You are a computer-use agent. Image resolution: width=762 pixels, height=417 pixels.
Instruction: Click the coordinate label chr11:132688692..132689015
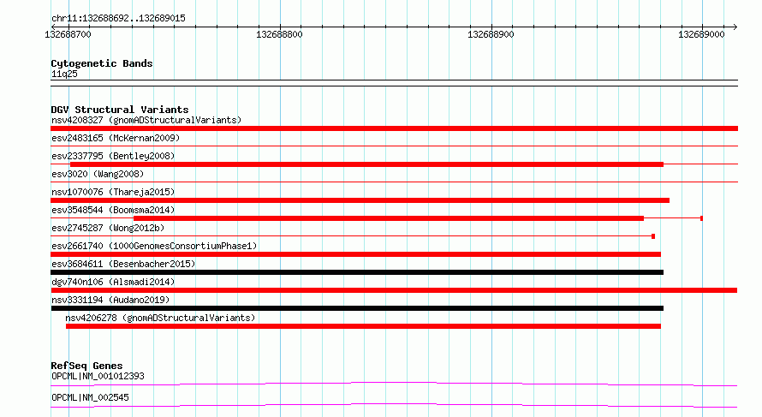tap(118, 19)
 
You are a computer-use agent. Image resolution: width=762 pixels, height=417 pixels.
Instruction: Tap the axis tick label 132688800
tap(279, 34)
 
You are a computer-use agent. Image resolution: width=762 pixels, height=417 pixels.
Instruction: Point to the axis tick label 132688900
tap(491, 34)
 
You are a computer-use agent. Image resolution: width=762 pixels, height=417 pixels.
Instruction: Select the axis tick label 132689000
tap(701, 34)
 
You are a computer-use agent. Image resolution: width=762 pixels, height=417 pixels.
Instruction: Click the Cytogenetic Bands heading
tap(102, 63)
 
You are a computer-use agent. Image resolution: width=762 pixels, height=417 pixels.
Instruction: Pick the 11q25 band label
tap(64, 74)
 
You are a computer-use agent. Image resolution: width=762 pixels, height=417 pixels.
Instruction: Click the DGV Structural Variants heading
tap(120, 110)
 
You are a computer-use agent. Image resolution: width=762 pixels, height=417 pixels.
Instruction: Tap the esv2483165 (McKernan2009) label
tap(116, 138)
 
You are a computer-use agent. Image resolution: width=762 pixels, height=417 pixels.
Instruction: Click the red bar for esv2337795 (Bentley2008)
tap(367, 164)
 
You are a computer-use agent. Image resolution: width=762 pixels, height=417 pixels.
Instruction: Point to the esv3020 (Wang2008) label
tap(98, 174)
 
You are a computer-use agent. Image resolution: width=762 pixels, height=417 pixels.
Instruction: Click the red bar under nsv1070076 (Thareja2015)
tap(360, 200)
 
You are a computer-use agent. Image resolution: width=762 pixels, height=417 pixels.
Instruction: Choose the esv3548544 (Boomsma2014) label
tap(113, 210)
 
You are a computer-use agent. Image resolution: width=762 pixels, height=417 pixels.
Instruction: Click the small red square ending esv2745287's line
tap(653, 236)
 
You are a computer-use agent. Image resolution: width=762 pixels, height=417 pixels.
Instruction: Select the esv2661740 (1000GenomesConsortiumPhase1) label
tap(154, 246)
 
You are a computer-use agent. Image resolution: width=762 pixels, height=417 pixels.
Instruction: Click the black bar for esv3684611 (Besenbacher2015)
tap(357, 272)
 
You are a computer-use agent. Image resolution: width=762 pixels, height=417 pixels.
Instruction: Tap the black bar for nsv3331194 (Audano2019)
tap(357, 308)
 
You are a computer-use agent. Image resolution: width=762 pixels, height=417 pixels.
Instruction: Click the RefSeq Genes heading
tap(86, 366)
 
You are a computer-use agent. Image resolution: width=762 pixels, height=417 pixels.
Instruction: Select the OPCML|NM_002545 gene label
tap(91, 397)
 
